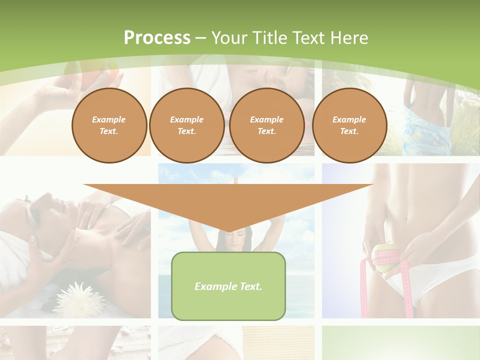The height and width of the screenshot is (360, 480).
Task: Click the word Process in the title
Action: [157, 38]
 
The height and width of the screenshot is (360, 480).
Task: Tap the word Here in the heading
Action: [348, 38]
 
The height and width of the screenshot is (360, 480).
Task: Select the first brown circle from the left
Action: [109, 125]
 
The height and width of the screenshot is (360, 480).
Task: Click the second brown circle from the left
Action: [186, 125]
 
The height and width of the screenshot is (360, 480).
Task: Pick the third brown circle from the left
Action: [266, 125]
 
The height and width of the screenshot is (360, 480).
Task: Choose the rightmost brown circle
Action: [349, 125]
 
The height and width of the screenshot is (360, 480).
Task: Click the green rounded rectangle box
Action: [228, 300]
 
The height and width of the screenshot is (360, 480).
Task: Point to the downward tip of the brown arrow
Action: [228, 230]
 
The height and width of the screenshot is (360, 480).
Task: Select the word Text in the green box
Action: [249, 286]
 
